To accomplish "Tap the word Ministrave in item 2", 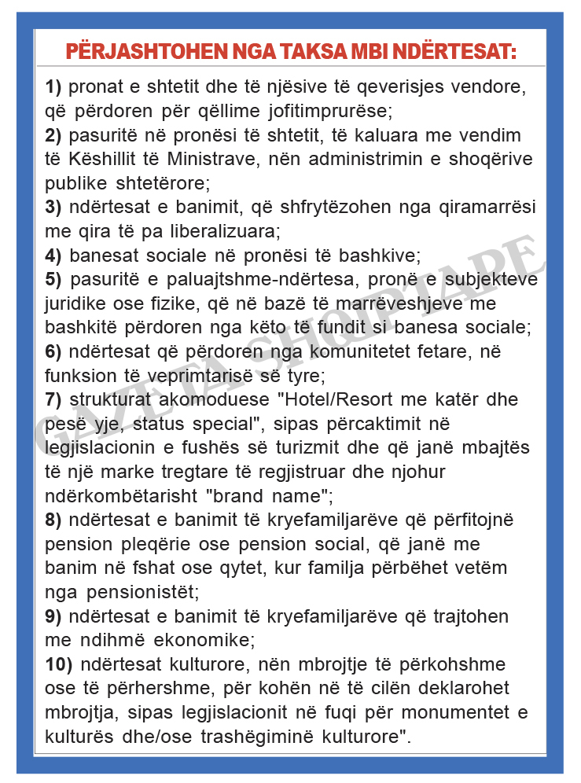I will (208, 160).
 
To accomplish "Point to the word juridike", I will (77, 303).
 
